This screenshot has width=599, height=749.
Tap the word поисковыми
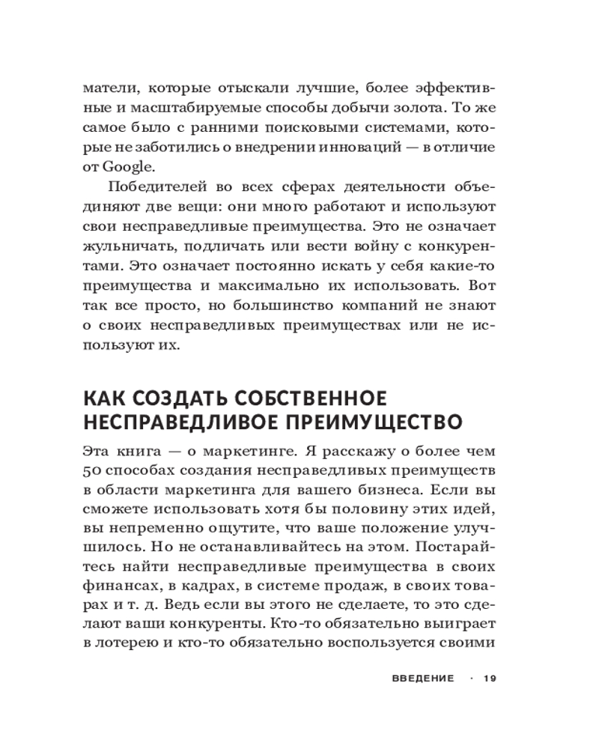coord(316,127)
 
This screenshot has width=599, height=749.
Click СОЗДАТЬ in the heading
coord(174,397)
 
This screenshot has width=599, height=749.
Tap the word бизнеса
coord(383,490)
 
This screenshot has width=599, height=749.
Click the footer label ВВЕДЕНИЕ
coord(423,679)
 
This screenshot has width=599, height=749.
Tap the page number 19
coord(490,679)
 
